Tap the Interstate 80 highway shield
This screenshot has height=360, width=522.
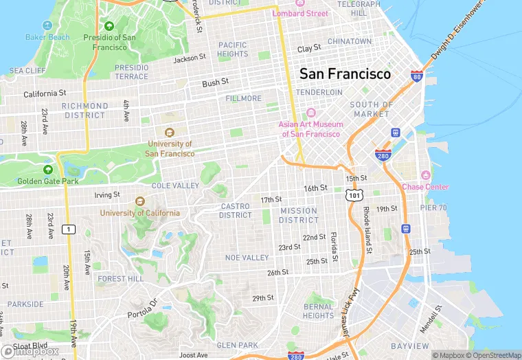(416, 76)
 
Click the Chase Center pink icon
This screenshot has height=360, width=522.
(425, 175)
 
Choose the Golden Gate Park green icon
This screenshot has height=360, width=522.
(48, 169)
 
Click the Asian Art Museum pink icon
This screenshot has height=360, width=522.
(310, 113)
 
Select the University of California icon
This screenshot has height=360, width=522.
(140, 201)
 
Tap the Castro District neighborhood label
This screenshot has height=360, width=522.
(236, 210)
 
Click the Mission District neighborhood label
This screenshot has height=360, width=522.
(299, 216)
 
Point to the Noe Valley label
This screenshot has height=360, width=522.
(247, 258)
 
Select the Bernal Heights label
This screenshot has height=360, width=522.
(318, 311)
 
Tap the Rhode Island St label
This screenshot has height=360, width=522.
(367, 230)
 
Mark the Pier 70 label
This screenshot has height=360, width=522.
(433, 207)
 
